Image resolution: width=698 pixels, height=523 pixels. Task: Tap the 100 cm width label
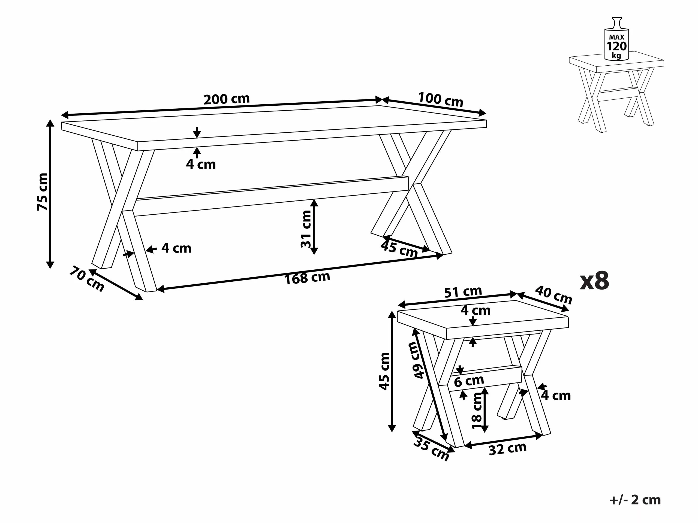point(441,100)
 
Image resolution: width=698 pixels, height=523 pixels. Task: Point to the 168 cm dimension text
point(307,278)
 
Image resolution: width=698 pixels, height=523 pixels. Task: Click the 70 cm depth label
point(87,279)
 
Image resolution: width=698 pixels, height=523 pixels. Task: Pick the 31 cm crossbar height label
point(306,229)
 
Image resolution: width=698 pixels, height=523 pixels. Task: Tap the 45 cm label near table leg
point(399,249)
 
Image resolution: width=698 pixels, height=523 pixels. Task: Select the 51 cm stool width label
point(463,292)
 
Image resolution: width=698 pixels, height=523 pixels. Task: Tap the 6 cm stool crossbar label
point(469,381)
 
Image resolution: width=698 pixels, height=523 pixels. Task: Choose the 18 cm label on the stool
point(477,411)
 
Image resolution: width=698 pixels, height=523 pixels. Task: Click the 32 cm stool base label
point(507,449)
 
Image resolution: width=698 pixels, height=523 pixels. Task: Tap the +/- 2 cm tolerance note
point(635,500)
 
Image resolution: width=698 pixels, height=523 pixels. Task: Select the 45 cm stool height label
point(384,371)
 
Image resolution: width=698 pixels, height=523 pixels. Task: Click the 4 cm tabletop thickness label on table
point(201,164)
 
